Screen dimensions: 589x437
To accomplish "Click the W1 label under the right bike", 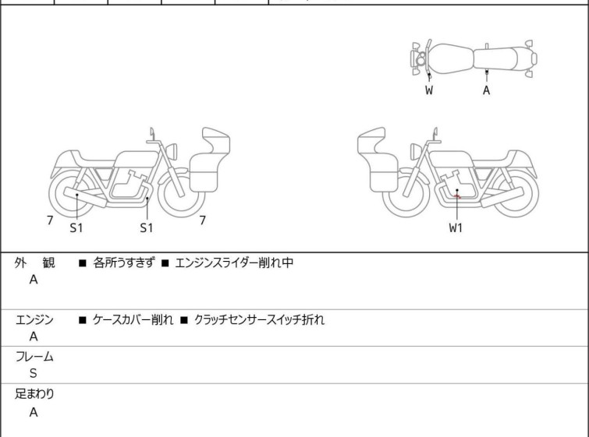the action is click(x=456, y=227).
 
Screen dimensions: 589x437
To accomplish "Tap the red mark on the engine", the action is click(x=457, y=196).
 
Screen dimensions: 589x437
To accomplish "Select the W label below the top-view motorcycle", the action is click(x=429, y=90).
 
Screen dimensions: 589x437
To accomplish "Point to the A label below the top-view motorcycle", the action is click(x=487, y=90).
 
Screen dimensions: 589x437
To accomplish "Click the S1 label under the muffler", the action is click(x=76, y=227).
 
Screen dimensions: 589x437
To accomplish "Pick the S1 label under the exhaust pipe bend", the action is click(x=147, y=227).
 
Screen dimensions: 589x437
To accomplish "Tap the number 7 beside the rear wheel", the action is click(x=50, y=220).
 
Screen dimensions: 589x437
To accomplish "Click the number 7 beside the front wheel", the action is click(x=203, y=220).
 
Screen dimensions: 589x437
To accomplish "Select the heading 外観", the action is click(x=34, y=263).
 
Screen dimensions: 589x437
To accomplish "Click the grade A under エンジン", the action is click(x=34, y=337).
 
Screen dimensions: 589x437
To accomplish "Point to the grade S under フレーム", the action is click(x=34, y=373).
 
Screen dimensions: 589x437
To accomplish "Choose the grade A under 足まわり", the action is click(x=34, y=412).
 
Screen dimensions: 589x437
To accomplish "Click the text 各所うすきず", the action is click(x=123, y=263).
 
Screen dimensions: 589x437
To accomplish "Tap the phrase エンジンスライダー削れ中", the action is click(x=234, y=263).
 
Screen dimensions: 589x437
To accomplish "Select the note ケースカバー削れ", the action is click(x=133, y=320).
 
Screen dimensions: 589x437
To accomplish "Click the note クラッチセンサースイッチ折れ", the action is click(x=259, y=320).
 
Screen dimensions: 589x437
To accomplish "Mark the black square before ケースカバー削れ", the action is click(x=82, y=320).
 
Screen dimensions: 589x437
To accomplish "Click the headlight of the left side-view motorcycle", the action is click(x=172, y=151).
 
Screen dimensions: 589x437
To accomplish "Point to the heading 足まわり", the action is click(x=34, y=394).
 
